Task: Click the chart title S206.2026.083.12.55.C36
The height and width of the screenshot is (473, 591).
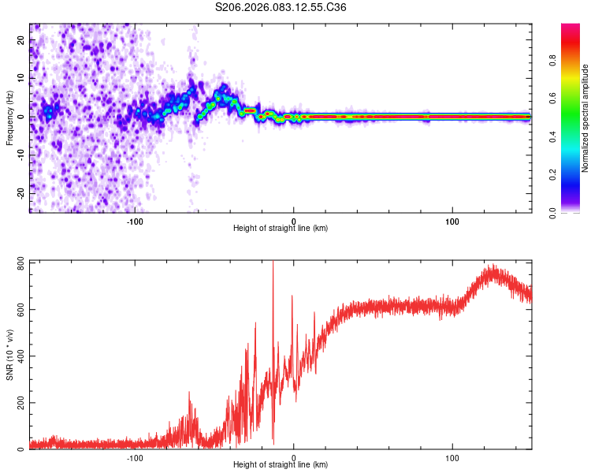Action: [281, 8]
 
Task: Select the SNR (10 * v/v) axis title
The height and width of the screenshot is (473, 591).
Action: [9, 354]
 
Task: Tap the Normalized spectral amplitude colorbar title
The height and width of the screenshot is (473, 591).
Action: [585, 118]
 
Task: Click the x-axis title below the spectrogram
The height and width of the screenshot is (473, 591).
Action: [281, 229]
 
